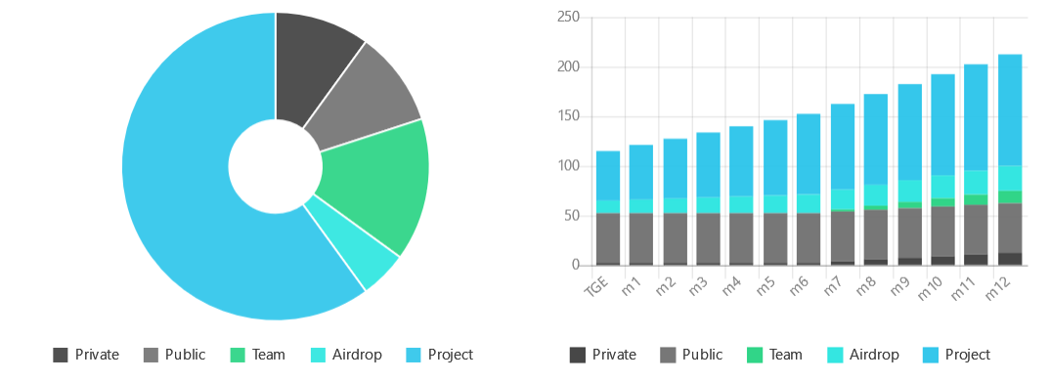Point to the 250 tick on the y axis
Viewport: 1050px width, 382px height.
(x=568, y=18)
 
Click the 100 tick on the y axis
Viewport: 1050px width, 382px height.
(x=568, y=166)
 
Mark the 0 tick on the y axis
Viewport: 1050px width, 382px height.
(x=576, y=265)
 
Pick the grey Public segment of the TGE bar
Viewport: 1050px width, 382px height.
(x=607, y=238)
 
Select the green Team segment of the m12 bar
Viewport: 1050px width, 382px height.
(x=1009, y=197)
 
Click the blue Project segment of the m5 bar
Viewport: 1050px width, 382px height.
(x=774, y=157)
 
